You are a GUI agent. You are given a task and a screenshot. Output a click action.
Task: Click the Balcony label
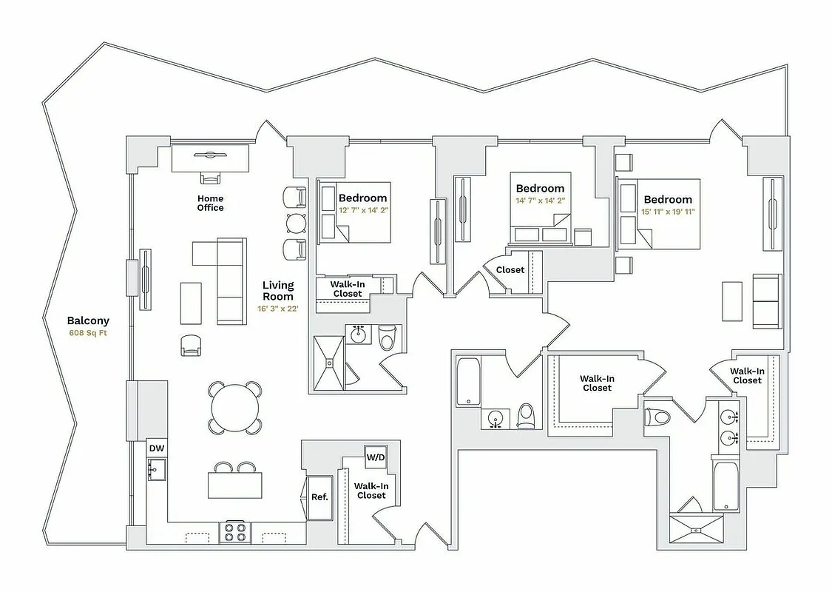pos(88,320)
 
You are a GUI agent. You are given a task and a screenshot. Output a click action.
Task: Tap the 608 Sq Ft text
pos(88,333)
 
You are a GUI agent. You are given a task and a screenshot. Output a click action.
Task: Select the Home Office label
pos(210,203)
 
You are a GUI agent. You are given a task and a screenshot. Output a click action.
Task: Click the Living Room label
pos(278,290)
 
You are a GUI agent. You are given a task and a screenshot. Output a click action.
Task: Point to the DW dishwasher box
pos(156,448)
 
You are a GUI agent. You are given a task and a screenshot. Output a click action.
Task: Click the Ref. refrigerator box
pos(319,497)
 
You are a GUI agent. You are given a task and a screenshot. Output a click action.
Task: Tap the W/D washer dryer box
pos(376,457)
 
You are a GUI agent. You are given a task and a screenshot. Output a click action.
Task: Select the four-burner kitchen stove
pos(235,532)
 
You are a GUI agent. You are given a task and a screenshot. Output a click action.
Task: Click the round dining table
pos(235,406)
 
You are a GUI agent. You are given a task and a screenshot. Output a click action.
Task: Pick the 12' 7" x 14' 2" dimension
pos(363,211)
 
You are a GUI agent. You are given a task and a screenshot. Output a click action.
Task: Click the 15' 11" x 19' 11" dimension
pos(668,212)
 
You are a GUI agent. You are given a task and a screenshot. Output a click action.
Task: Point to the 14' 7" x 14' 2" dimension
pos(540,201)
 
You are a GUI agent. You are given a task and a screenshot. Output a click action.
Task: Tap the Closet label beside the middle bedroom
pos(510,270)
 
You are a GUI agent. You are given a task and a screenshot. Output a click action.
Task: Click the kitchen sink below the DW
pos(156,469)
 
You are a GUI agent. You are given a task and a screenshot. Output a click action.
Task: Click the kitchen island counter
pos(235,485)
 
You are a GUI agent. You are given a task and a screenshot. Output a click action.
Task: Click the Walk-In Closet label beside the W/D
pos(371,491)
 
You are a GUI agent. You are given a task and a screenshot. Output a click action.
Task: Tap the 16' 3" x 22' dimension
pos(278,309)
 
